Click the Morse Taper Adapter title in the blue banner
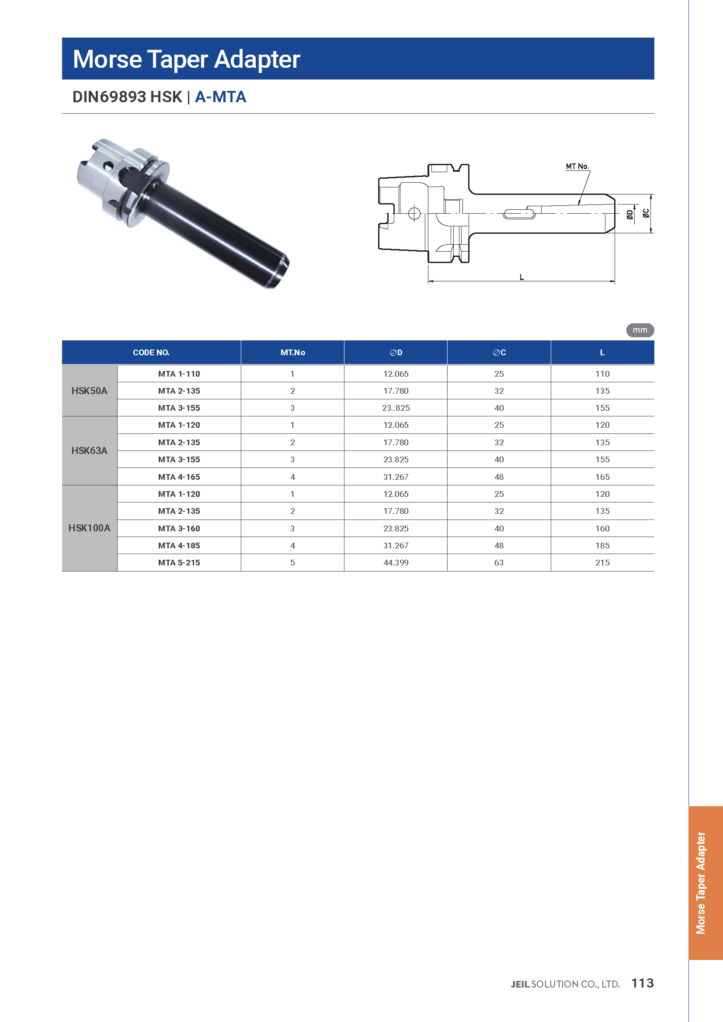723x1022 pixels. (186, 59)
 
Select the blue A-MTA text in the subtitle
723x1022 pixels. (220, 97)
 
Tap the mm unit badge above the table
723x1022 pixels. (640, 330)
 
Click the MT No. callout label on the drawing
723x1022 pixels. (577, 166)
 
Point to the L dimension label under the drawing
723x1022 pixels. (521, 277)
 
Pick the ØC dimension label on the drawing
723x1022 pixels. (646, 213)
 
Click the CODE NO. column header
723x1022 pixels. (151, 353)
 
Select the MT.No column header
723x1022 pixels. (292, 353)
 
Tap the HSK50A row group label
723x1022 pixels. (90, 391)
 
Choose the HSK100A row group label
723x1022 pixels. (90, 528)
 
